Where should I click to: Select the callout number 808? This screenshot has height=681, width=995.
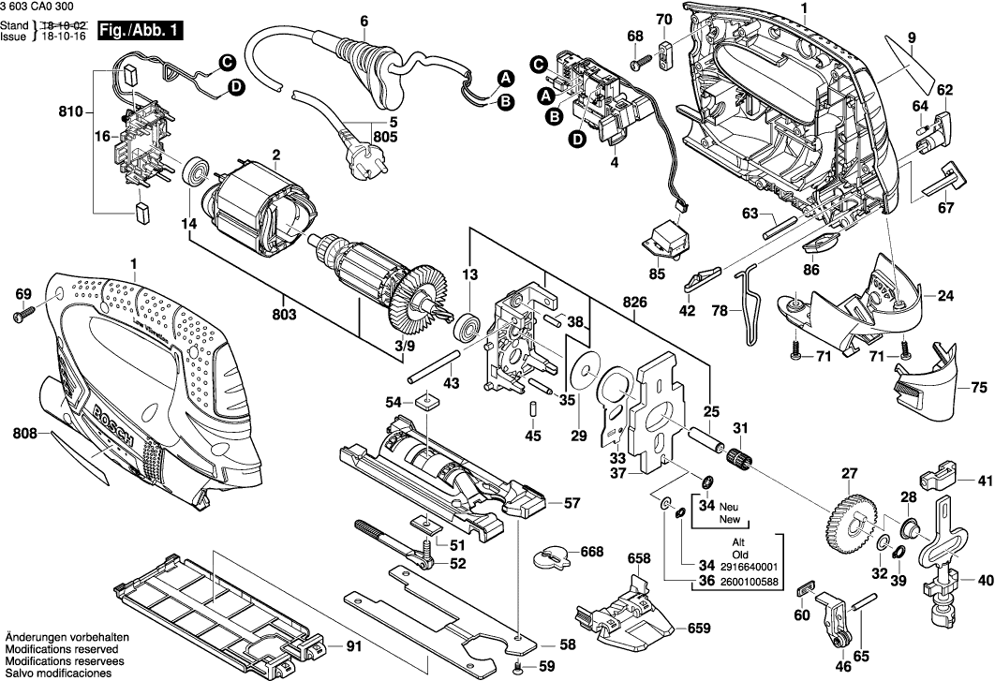[27, 434]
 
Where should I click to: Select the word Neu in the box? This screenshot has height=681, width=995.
[730, 506]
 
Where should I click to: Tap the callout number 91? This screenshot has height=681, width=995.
[352, 646]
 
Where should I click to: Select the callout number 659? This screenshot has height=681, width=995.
[700, 629]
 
